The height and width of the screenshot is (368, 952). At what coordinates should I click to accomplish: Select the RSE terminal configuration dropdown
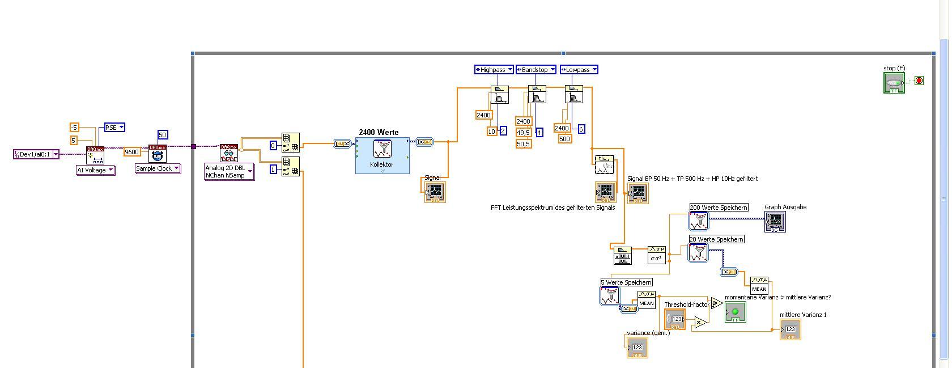coord(114,128)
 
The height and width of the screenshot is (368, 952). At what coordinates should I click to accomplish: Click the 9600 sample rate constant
coord(132,152)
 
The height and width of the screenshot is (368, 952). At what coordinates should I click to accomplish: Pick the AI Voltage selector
coord(95,170)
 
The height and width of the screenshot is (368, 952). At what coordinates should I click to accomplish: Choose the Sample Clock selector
coord(158,168)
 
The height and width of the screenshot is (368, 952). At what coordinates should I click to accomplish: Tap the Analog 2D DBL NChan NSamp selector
coord(229,172)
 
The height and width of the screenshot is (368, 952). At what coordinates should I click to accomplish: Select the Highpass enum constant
coord(494,70)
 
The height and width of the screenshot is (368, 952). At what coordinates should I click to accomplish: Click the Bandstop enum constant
coord(535,70)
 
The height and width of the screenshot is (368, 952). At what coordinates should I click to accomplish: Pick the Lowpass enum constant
coord(579,70)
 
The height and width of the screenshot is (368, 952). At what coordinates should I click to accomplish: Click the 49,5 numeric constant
coord(524,133)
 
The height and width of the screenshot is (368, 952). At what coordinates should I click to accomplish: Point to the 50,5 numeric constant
coord(524,144)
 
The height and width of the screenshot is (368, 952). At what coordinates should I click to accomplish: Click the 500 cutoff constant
coord(565,139)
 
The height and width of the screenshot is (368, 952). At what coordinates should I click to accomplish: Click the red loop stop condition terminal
coord(919,81)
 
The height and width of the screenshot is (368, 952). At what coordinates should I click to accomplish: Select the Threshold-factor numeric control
coord(675,319)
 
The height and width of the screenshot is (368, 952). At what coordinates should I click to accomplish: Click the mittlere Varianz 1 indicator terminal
coord(790,329)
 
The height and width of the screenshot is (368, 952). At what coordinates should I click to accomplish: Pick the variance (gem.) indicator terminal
coord(637,347)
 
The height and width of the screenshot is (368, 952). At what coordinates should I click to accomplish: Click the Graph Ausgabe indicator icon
coord(775,222)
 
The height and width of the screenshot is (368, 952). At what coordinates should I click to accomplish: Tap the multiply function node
coord(700,323)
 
